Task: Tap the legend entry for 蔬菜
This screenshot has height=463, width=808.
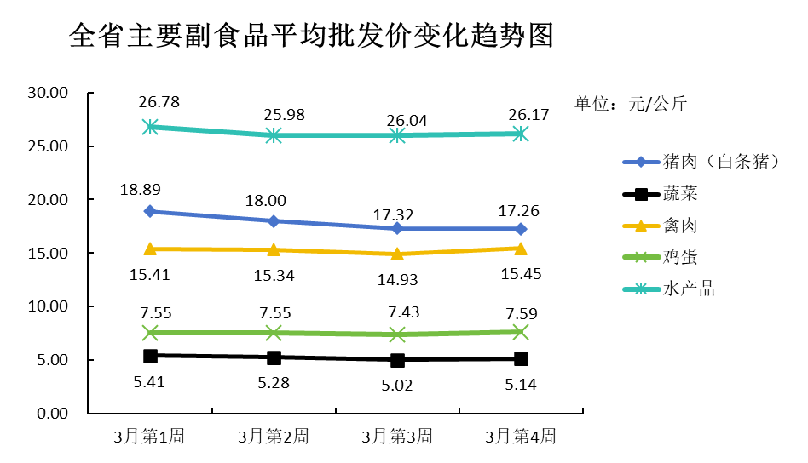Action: (679, 194)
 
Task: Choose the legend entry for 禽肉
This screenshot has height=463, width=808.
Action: (679, 226)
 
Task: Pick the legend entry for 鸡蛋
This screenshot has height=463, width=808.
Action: (679, 257)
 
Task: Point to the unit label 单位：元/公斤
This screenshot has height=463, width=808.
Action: (630, 104)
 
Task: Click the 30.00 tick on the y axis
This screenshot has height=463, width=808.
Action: (47, 93)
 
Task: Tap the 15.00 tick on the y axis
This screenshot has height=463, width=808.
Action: (47, 253)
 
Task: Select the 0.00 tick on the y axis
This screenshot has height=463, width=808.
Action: (50, 413)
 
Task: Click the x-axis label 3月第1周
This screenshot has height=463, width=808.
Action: (150, 437)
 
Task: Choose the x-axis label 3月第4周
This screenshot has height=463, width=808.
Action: (521, 437)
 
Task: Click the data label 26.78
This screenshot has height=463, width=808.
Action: (159, 102)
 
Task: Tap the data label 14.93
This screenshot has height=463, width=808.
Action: (397, 279)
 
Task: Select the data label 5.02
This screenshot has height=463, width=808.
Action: (397, 385)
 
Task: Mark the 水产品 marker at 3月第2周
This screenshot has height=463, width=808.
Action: (274, 135)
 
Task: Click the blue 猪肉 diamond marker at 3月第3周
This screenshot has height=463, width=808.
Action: (397, 228)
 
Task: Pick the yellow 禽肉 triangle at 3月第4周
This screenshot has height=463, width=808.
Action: (521, 248)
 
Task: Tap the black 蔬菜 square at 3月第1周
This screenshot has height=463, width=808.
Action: (150, 356)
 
